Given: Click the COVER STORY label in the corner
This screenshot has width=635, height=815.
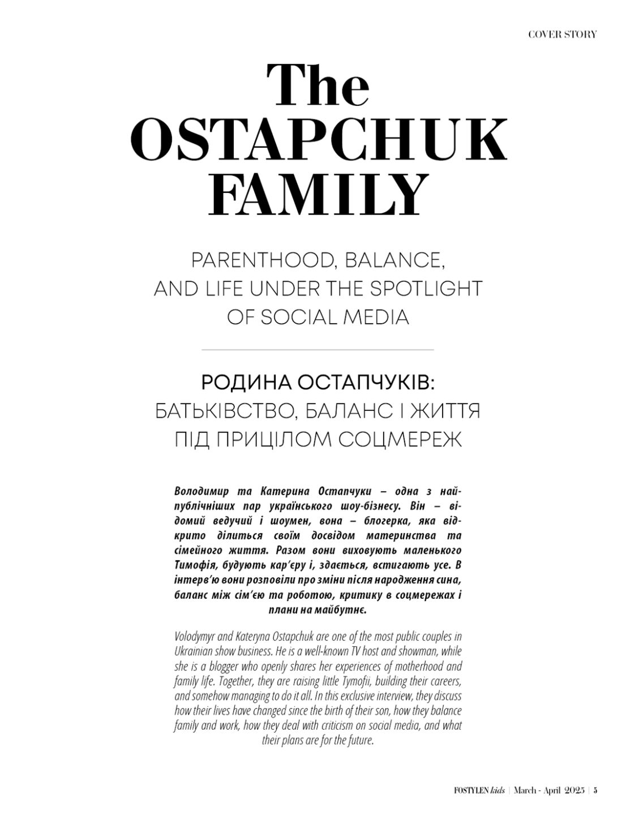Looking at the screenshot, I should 562,35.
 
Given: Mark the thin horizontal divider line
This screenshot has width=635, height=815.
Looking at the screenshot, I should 317,350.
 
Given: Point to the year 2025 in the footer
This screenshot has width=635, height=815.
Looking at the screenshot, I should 574,791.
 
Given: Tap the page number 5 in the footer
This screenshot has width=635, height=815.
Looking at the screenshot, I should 596,791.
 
